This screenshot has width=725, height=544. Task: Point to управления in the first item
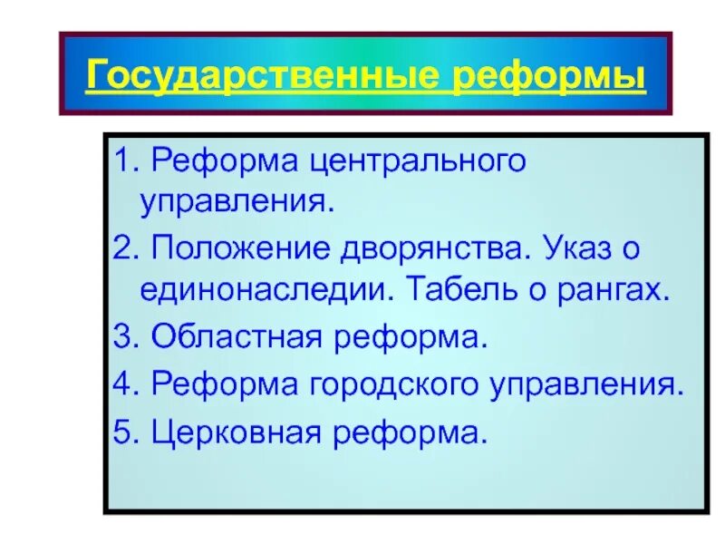point(237,199)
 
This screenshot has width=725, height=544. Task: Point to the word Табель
point(463,290)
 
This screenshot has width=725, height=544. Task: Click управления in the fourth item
point(589,385)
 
